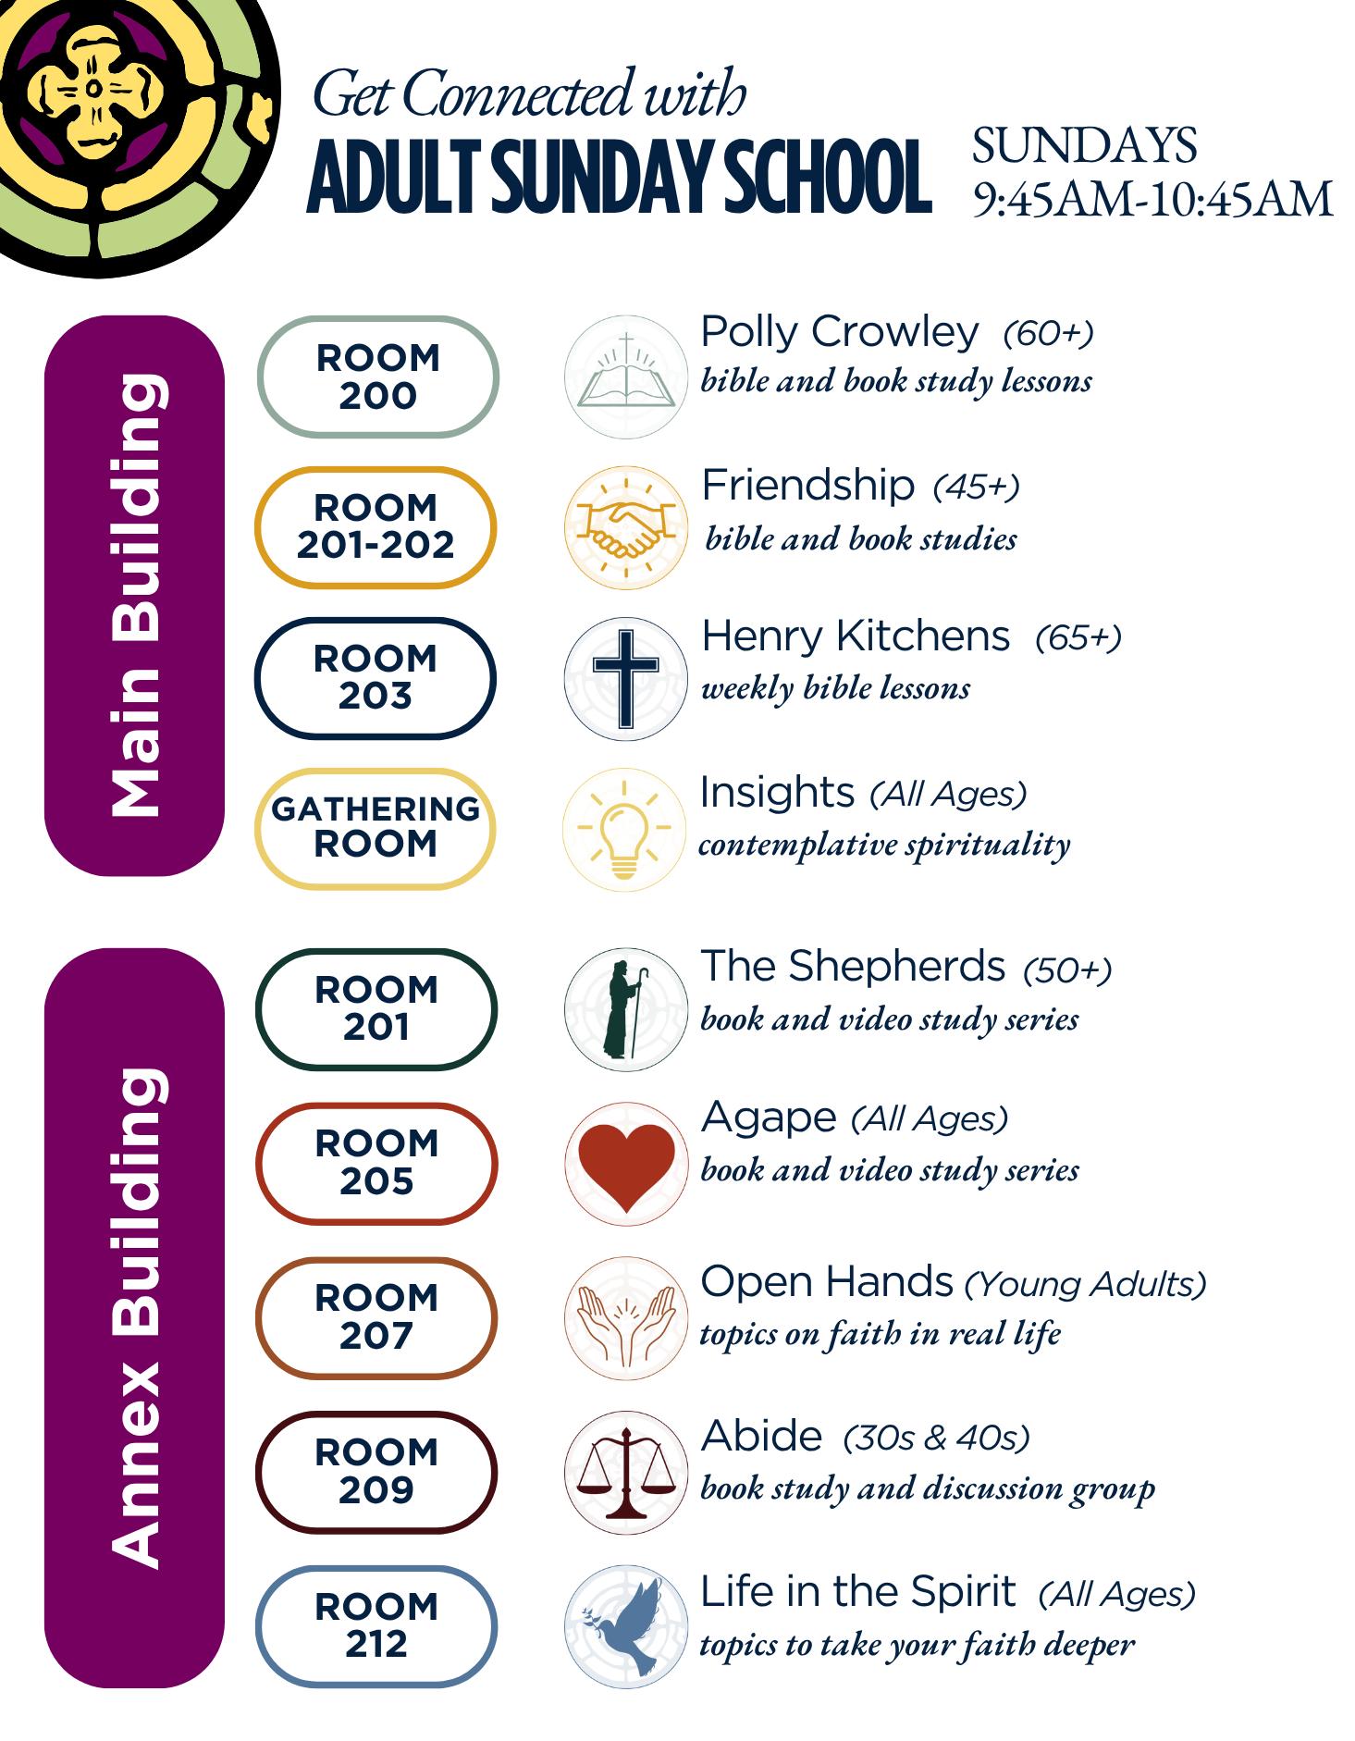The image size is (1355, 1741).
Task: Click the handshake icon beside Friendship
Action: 626,528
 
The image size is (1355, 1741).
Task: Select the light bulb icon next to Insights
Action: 624,829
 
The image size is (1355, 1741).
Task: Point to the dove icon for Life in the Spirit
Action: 626,1627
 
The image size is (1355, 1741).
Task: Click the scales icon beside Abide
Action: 626,1473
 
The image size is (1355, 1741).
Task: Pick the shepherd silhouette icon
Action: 625,1009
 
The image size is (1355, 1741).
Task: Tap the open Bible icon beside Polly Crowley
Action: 626,377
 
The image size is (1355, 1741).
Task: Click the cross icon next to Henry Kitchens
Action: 626,678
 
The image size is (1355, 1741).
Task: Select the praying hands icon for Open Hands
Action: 626,1318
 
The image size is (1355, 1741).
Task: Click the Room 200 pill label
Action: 377,377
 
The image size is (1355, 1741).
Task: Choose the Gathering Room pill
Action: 376,828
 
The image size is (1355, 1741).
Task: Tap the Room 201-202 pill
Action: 376,526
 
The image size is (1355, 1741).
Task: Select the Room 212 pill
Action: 376,1626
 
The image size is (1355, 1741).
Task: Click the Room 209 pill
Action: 376,1472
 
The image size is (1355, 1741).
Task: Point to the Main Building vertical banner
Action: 135,595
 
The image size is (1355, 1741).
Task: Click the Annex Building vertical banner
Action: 135,1317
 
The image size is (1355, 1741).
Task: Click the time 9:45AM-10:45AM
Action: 1152,200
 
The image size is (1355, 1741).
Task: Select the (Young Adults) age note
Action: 1085,1284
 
